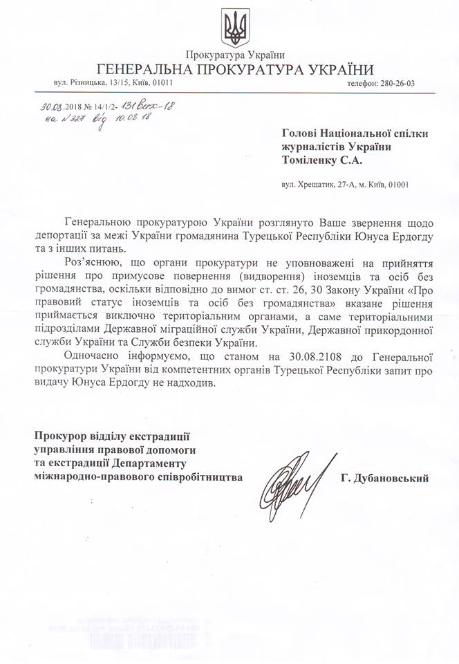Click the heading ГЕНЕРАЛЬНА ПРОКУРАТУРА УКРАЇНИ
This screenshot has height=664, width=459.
235,69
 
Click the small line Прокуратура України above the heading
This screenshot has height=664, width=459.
235,55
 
